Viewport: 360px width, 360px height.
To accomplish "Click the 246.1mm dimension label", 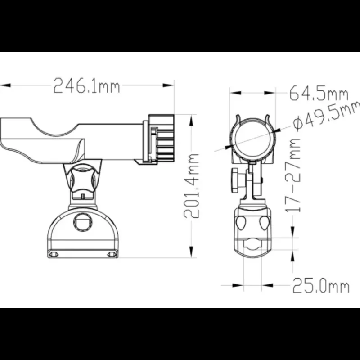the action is coord(86,85).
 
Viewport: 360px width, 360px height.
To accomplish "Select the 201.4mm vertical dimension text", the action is coord(191,186).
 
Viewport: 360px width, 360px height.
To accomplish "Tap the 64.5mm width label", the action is coord(319,93).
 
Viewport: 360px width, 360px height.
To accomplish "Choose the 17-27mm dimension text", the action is coord(293,175).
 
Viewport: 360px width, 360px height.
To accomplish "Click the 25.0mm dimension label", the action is coord(321,285).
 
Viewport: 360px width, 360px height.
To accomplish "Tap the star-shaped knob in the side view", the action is coord(82,180).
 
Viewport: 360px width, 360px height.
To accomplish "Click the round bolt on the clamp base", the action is coord(83,222).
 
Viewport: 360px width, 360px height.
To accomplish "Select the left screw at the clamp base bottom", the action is coord(54,254).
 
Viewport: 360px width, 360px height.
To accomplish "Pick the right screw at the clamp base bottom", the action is coord(112,254).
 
